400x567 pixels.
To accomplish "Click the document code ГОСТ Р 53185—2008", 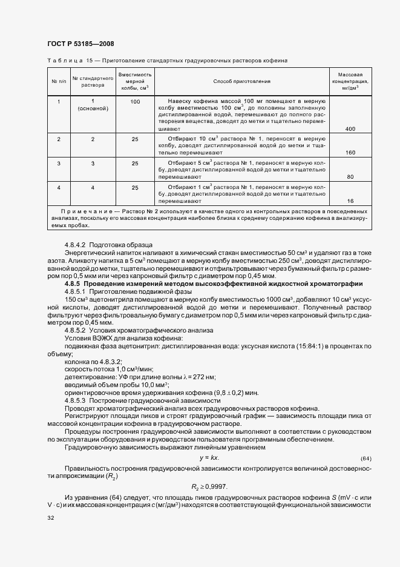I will pyautogui.click(x=80, y=44).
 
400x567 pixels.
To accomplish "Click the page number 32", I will pyautogui.click(x=50, y=518).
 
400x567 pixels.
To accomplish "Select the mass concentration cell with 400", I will pyautogui.click(x=350, y=129).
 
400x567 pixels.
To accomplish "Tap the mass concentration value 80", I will pyautogui.click(x=350, y=177).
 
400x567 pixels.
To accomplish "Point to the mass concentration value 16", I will pyautogui.click(x=350, y=201).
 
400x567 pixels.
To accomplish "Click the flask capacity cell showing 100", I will pyautogui.click(x=135, y=101).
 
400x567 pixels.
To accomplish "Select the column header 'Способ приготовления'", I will pyautogui.click(x=242, y=81).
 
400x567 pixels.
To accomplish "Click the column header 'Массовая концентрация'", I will pyautogui.click(x=350, y=81).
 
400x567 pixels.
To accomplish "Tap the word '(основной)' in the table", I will pyautogui.click(x=93, y=108).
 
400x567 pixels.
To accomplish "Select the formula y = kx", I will pyautogui.click(x=209, y=457).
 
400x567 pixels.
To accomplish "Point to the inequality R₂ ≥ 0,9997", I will pyautogui.click(x=209, y=486).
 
